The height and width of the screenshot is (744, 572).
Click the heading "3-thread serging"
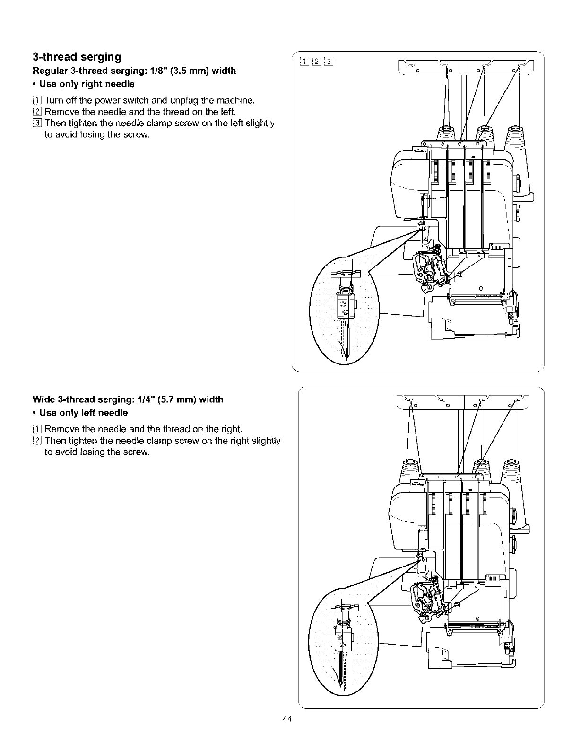77,57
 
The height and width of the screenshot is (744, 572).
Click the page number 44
286,719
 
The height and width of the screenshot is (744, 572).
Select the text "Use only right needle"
87,84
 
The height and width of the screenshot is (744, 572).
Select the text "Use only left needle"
84,413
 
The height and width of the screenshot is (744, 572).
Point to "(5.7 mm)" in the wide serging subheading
173,399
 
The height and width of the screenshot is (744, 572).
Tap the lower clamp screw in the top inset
345,312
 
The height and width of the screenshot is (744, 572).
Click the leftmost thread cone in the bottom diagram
409,469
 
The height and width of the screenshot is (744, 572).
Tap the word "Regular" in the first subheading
48,71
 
